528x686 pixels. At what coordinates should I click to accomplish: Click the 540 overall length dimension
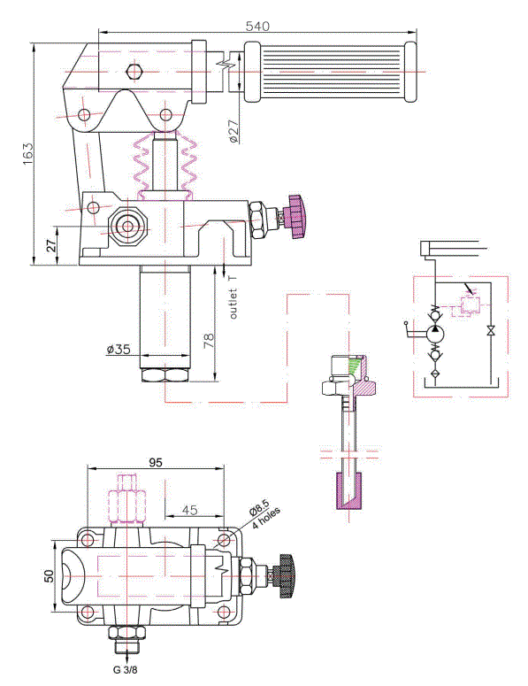257,26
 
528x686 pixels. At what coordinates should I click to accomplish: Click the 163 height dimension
27,153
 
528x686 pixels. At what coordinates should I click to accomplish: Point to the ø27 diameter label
233,131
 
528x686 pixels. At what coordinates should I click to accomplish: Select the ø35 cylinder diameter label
119,349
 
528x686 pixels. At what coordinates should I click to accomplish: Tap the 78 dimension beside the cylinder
209,341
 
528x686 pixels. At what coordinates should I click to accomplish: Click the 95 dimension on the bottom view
156,462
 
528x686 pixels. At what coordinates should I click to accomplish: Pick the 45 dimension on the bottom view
189,510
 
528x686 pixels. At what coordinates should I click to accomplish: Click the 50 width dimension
49,575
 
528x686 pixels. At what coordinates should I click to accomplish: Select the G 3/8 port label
125,669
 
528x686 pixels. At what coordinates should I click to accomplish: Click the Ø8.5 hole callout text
260,508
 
